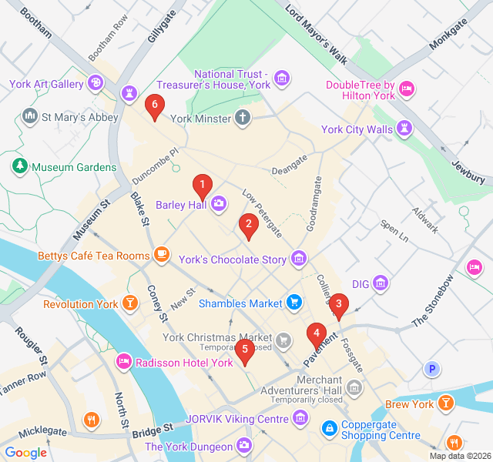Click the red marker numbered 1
[x=202, y=185]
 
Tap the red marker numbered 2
[x=247, y=225]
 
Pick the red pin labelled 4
[x=315, y=334]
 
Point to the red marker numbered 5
[x=245, y=350]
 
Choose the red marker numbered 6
[x=155, y=104]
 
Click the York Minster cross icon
[x=243, y=119]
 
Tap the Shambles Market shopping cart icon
[x=293, y=303]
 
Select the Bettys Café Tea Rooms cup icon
[x=161, y=253]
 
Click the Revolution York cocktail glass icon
[x=130, y=303]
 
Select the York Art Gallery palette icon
[x=96, y=82]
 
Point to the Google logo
[x=25, y=453]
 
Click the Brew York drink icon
[x=445, y=403]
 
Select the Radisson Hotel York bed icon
[x=123, y=362]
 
